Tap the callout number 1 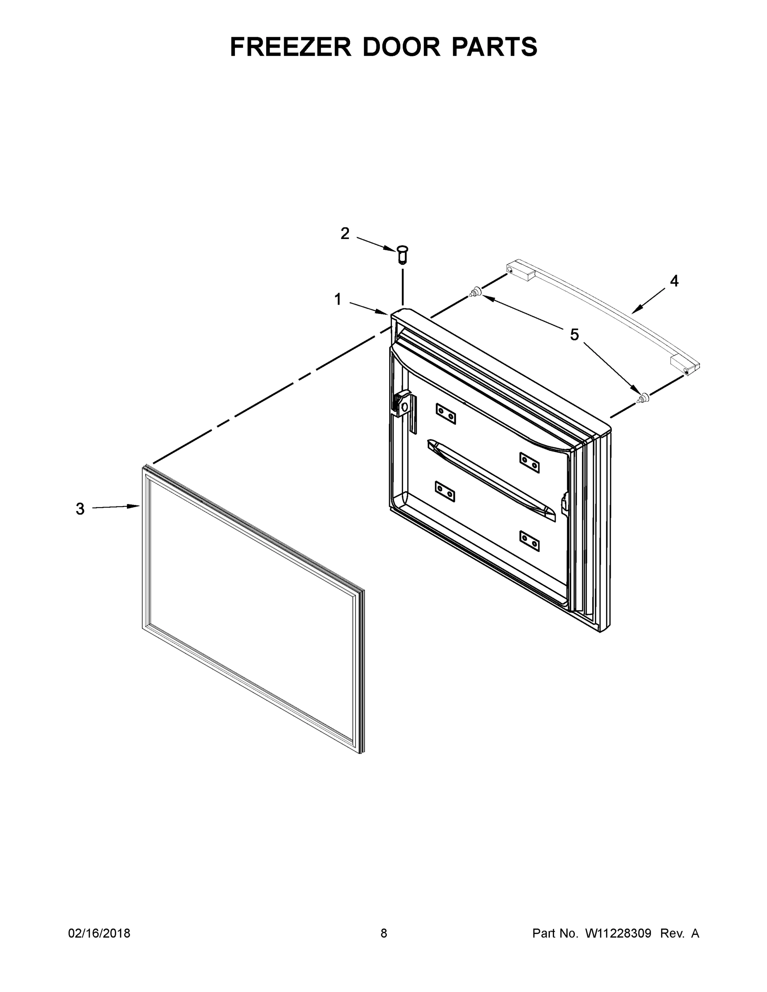click(x=338, y=299)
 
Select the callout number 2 click(x=345, y=234)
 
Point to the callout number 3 click(x=80, y=509)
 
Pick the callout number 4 click(x=674, y=281)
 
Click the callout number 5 click(x=574, y=335)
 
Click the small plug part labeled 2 click(x=403, y=254)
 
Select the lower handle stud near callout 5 click(x=643, y=398)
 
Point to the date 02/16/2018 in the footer click(x=99, y=933)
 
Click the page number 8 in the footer click(x=384, y=933)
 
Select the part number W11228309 click(x=618, y=933)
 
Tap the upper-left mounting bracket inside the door click(x=446, y=413)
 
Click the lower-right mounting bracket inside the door click(x=529, y=540)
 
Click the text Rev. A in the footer click(x=679, y=933)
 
